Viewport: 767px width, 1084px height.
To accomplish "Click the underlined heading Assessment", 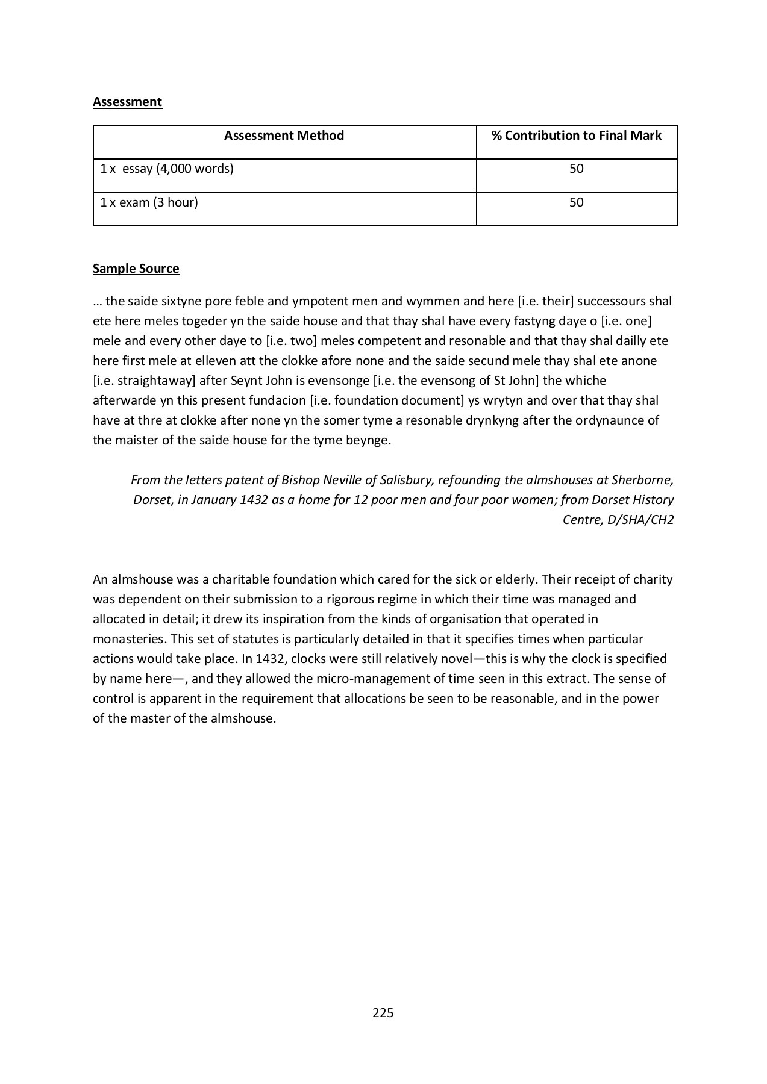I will tap(127, 102).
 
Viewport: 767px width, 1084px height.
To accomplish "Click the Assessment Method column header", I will tap(284, 135).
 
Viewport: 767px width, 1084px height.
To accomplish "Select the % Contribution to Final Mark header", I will tap(576, 135).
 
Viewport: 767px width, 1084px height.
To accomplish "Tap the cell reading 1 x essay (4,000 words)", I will tap(167, 169).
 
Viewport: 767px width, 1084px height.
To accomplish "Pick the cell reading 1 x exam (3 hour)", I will tap(149, 202).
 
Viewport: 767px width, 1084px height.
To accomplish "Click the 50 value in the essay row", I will tap(576, 169).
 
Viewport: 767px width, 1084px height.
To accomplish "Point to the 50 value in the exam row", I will tap(576, 202).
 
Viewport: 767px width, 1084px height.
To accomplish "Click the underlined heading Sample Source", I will tap(136, 269).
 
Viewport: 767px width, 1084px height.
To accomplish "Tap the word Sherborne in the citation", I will tap(642, 480).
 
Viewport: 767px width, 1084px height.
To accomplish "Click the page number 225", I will tap(383, 1012).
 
